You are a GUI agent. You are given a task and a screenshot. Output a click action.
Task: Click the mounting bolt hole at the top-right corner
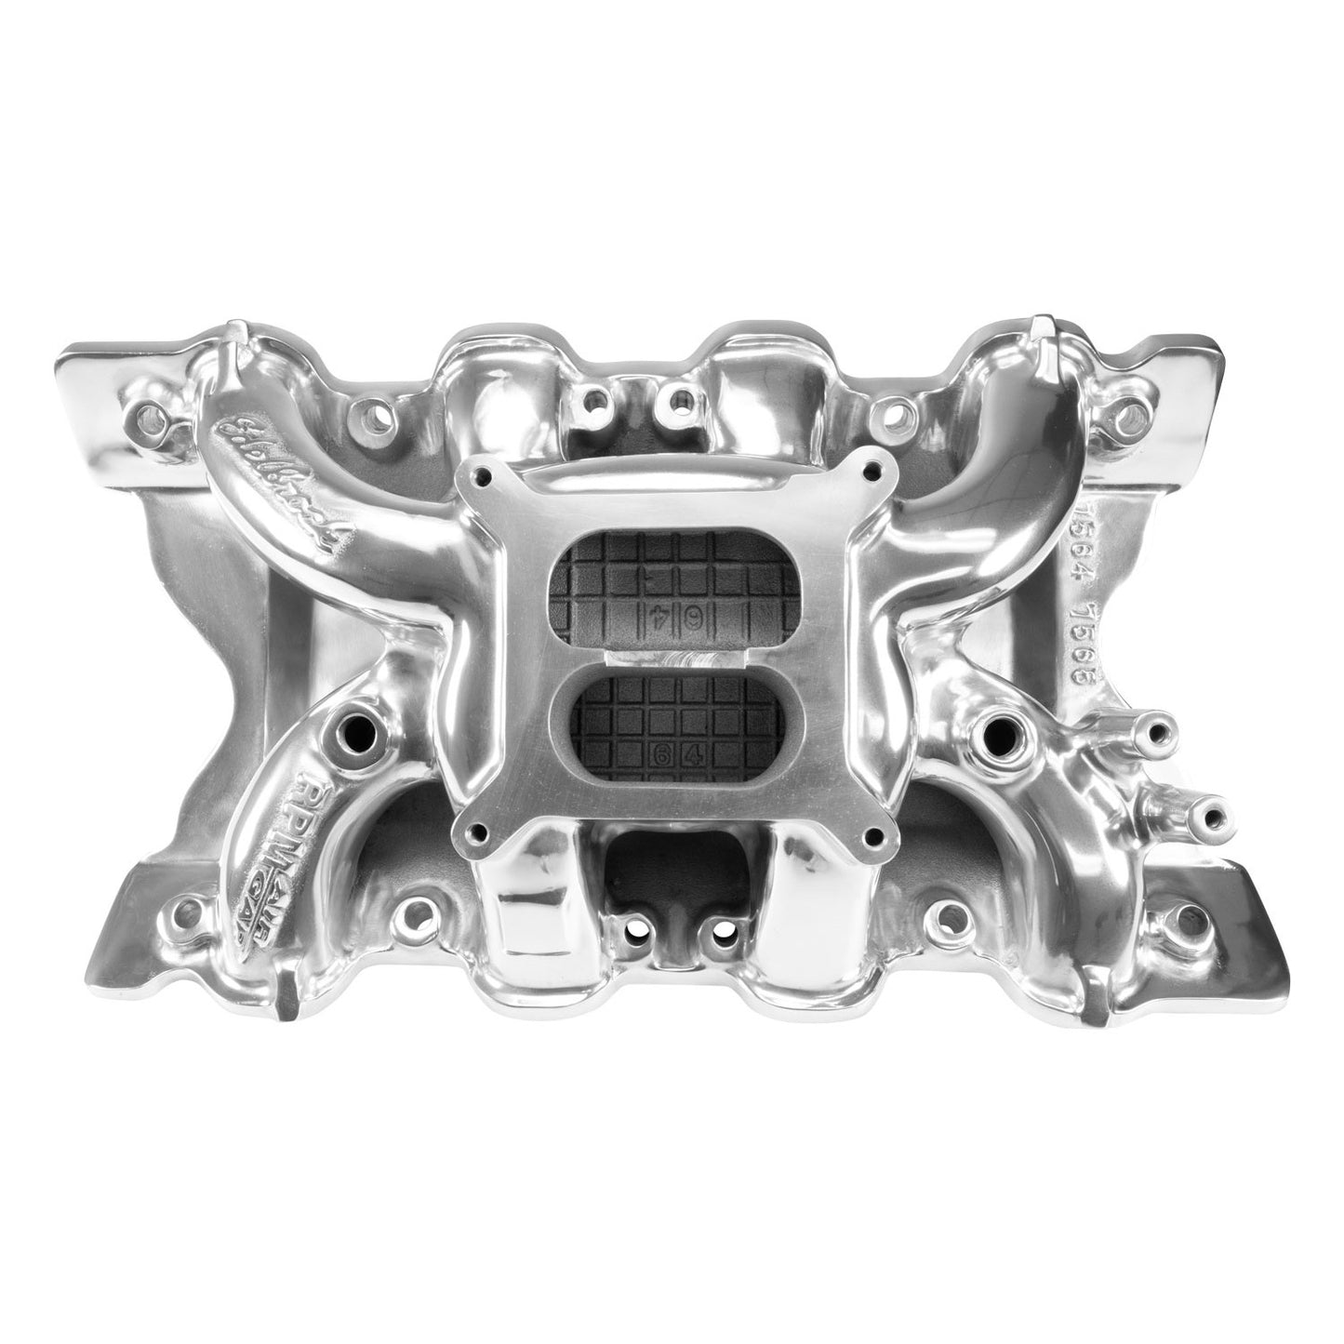[x=1127, y=410]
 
